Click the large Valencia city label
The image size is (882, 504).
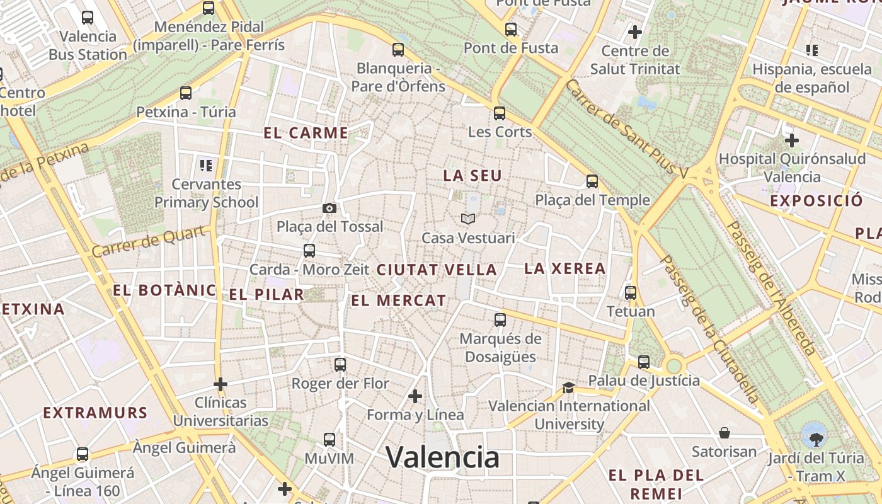click(x=442, y=456)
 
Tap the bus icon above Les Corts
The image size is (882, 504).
click(x=500, y=113)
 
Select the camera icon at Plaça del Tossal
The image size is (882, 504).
click(x=329, y=208)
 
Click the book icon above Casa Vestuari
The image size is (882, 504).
click(x=467, y=219)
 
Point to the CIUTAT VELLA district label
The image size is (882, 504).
click(x=437, y=270)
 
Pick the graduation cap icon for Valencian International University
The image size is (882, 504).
click(x=569, y=387)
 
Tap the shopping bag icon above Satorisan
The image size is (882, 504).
click(x=724, y=433)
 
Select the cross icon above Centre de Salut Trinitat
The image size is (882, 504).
click(x=635, y=31)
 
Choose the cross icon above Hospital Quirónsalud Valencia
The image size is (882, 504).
click(x=792, y=140)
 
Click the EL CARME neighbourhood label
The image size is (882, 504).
click(x=306, y=133)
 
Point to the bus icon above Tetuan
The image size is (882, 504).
click(x=631, y=293)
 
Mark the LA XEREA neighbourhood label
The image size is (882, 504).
click(x=564, y=268)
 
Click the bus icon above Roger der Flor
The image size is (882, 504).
click(x=340, y=364)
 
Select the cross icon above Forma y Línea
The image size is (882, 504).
click(x=415, y=396)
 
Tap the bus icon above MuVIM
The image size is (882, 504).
click(x=329, y=440)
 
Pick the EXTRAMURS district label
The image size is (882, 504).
click(x=95, y=413)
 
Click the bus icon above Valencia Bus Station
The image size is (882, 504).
click(x=88, y=18)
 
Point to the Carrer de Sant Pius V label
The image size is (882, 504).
click(x=634, y=129)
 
